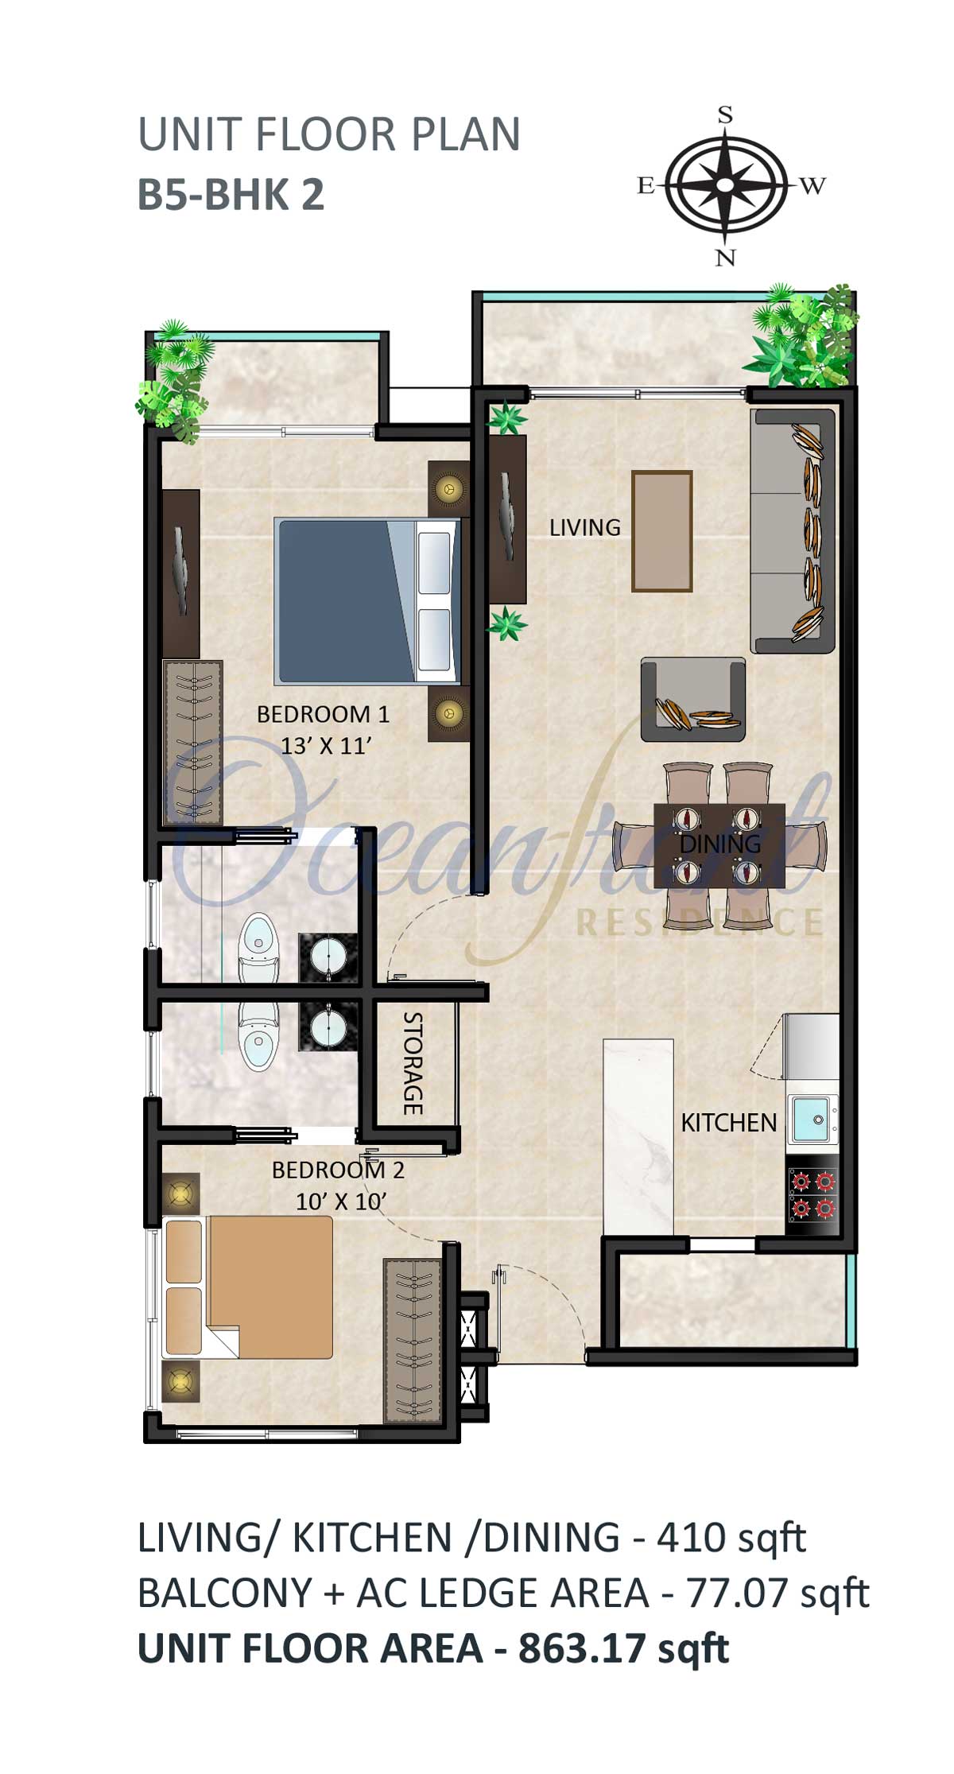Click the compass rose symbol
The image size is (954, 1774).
click(x=725, y=185)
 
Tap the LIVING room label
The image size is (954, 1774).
click(x=585, y=527)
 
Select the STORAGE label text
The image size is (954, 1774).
click(x=413, y=1063)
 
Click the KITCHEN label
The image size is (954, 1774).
click(x=729, y=1123)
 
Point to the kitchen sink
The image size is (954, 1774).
click(x=812, y=1120)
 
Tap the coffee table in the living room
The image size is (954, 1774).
click(x=662, y=531)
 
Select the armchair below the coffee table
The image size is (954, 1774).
click(x=693, y=699)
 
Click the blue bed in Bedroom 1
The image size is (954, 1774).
click(x=367, y=601)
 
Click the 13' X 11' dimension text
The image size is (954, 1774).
click(x=327, y=746)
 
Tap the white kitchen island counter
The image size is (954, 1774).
click(x=638, y=1136)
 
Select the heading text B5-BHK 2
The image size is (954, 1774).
click(x=231, y=195)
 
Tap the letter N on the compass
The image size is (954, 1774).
click(x=725, y=257)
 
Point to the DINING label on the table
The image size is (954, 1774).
click(x=720, y=844)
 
